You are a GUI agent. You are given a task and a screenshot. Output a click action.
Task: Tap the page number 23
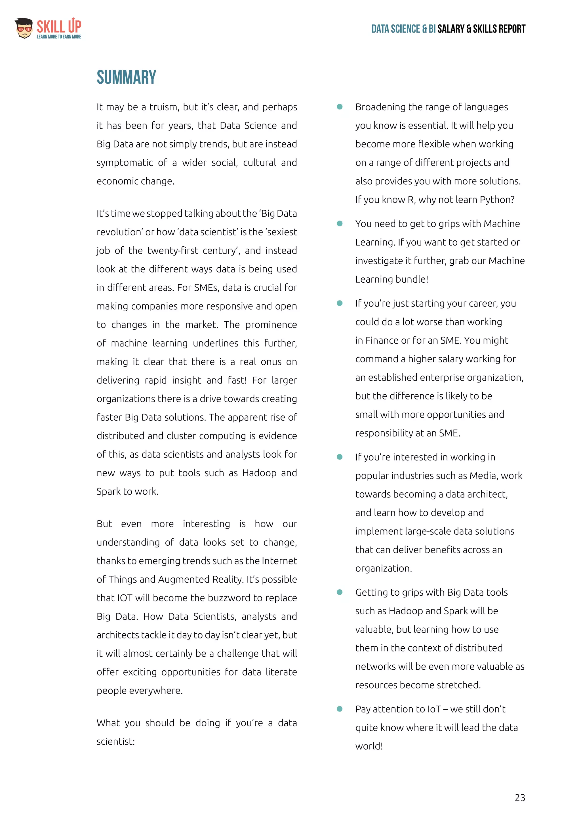coord(520,797)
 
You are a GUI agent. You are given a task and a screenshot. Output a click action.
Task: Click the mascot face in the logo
coord(24,28)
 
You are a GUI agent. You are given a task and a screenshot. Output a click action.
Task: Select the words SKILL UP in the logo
coord(59,26)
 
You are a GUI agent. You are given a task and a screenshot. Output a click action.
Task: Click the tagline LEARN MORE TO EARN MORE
coord(59,37)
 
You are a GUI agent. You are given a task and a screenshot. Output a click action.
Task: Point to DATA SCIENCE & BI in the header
coord(403,29)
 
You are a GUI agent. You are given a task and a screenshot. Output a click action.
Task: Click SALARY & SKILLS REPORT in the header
coord(481,29)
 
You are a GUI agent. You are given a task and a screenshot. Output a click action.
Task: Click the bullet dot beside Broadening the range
coord(340,107)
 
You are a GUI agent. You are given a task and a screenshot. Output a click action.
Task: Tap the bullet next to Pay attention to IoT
coord(340,709)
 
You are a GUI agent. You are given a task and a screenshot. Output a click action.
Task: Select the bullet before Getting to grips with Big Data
coord(340,592)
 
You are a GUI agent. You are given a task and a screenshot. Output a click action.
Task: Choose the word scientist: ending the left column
coord(115,742)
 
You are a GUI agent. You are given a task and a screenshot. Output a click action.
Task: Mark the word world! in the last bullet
coord(369,746)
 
